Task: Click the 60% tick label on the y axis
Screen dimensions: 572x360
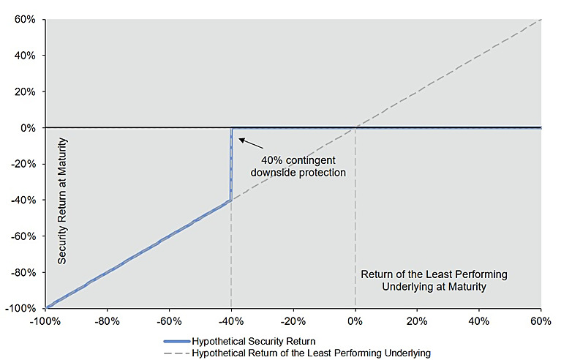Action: pyautogui.click(x=25, y=19)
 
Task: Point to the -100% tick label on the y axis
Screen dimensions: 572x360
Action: pyautogui.click(x=20, y=309)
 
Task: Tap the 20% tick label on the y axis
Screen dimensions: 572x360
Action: pyautogui.click(x=25, y=91)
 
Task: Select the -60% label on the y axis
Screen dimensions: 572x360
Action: pyautogui.click(x=23, y=236)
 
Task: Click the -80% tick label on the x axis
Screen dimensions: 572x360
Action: pyautogui.click(x=108, y=321)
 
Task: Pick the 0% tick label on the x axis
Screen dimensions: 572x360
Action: pyautogui.click(x=355, y=321)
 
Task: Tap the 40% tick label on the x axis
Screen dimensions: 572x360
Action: pyautogui.click(x=479, y=321)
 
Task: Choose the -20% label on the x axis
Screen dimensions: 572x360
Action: pyautogui.click(x=293, y=321)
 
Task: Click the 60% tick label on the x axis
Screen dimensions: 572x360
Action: pyautogui.click(x=541, y=321)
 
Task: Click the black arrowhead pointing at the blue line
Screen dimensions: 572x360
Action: pyautogui.click(x=242, y=140)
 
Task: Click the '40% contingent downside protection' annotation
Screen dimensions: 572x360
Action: pyautogui.click(x=298, y=166)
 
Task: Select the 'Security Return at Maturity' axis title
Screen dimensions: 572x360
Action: pyautogui.click(x=62, y=200)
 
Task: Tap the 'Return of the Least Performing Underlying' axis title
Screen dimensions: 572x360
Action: pyautogui.click(x=434, y=280)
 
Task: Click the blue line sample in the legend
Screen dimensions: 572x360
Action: pyautogui.click(x=177, y=342)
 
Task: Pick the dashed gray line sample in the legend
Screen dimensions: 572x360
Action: pyautogui.click(x=177, y=353)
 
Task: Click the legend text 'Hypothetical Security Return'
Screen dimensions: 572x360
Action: pyautogui.click(x=254, y=342)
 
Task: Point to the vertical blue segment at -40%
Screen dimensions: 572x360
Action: pyautogui.click(x=231, y=164)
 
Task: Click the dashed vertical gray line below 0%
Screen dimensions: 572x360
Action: pyautogui.click(x=355, y=218)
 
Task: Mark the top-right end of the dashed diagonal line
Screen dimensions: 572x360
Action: pyautogui.click(x=541, y=19)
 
